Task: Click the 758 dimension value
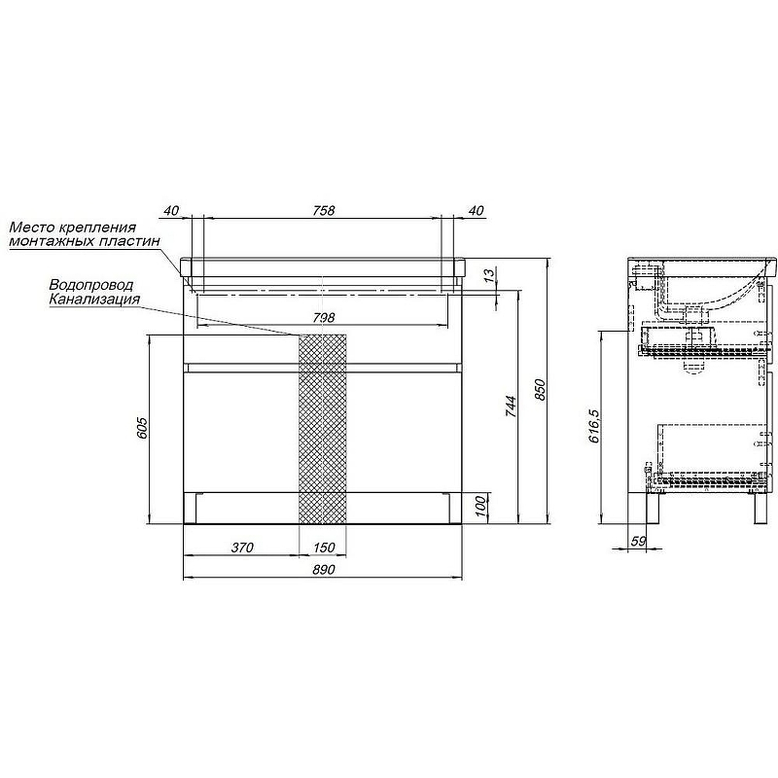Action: coord(324,210)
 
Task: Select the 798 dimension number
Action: coord(324,318)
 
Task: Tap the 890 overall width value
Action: coord(324,570)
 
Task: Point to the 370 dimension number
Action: coord(242,548)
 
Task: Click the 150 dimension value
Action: coord(324,548)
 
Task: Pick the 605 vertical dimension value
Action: coord(141,427)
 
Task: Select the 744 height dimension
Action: coord(511,407)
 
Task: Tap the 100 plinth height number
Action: coord(479,506)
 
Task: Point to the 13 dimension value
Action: coord(489,274)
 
